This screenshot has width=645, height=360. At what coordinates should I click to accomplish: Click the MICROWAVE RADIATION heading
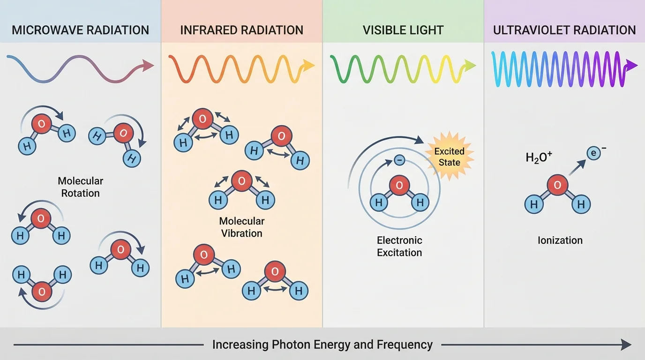(80, 30)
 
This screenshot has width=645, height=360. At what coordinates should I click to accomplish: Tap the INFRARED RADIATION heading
(241, 30)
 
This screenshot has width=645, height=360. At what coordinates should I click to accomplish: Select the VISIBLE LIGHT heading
(403, 30)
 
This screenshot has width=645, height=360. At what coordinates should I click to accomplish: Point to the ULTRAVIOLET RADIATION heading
(564, 30)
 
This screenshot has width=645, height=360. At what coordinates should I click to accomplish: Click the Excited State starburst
(449, 157)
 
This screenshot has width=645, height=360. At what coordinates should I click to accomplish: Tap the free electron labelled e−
(594, 153)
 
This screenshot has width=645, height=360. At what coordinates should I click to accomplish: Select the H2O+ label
(539, 158)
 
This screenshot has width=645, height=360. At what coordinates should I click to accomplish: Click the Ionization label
(560, 240)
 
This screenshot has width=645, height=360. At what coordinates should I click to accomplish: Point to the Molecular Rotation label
(81, 187)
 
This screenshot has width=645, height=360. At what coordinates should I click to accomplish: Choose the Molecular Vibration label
(242, 227)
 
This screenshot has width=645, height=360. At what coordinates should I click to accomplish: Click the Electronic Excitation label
(399, 247)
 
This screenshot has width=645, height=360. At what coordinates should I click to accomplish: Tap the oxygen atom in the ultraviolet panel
(557, 185)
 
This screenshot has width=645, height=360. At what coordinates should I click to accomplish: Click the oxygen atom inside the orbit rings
(399, 185)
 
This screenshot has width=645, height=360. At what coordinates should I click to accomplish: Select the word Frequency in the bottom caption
(405, 345)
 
